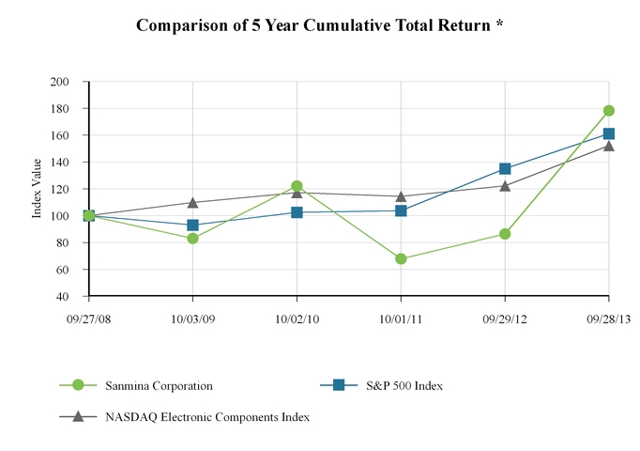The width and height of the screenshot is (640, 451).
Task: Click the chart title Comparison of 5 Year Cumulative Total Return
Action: (x=319, y=25)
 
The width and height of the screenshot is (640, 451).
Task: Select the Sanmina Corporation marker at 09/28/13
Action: (x=609, y=111)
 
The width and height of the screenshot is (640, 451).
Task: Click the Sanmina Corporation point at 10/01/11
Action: (x=401, y=258)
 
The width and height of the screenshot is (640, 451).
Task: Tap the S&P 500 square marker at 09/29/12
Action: (x=505, y=169)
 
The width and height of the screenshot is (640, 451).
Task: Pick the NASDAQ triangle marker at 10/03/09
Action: (x=192, y=202)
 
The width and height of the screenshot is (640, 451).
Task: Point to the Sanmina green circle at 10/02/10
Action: (x=297, y=186)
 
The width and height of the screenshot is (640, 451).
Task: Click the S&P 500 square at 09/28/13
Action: (x=609, y=133)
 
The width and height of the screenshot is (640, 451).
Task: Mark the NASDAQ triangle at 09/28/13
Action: (x=609, y=146)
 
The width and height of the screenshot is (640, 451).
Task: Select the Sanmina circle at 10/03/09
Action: (x=192, y=239)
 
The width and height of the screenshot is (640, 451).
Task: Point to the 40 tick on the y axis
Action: (x=63, y=297)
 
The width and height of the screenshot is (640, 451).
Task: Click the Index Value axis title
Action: (x=38, y=190)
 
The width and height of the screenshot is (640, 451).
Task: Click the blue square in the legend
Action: (x=339, y=384)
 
